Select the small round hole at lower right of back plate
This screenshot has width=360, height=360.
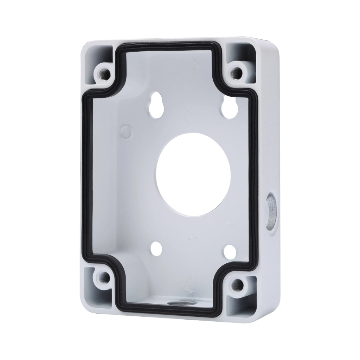coord(230,251)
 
